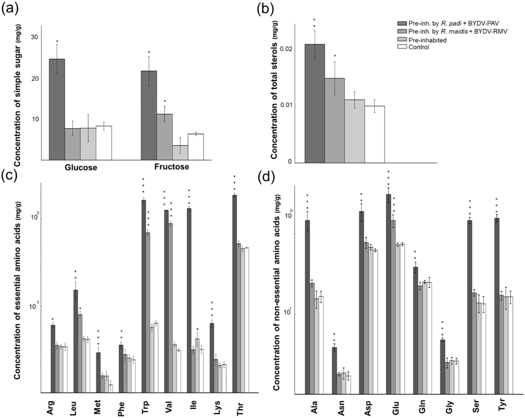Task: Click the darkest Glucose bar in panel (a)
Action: coord(57,110)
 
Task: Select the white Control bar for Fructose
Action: coord(196,147)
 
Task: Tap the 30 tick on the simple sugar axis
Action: coord(34,37)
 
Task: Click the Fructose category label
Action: coord(171,167)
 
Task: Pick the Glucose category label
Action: coord(81,167)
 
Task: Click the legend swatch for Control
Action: coord(402,47)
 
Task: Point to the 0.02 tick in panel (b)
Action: coord(285,50)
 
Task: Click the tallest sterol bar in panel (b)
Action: coord(315,104)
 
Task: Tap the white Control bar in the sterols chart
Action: coord(374,134)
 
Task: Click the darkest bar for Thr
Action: coord(234,294)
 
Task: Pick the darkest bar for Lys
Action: coord(212,358)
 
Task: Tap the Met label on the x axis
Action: coord(98,407)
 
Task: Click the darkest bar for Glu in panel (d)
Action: coord(388,294)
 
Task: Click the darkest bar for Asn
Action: coord(334,371)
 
